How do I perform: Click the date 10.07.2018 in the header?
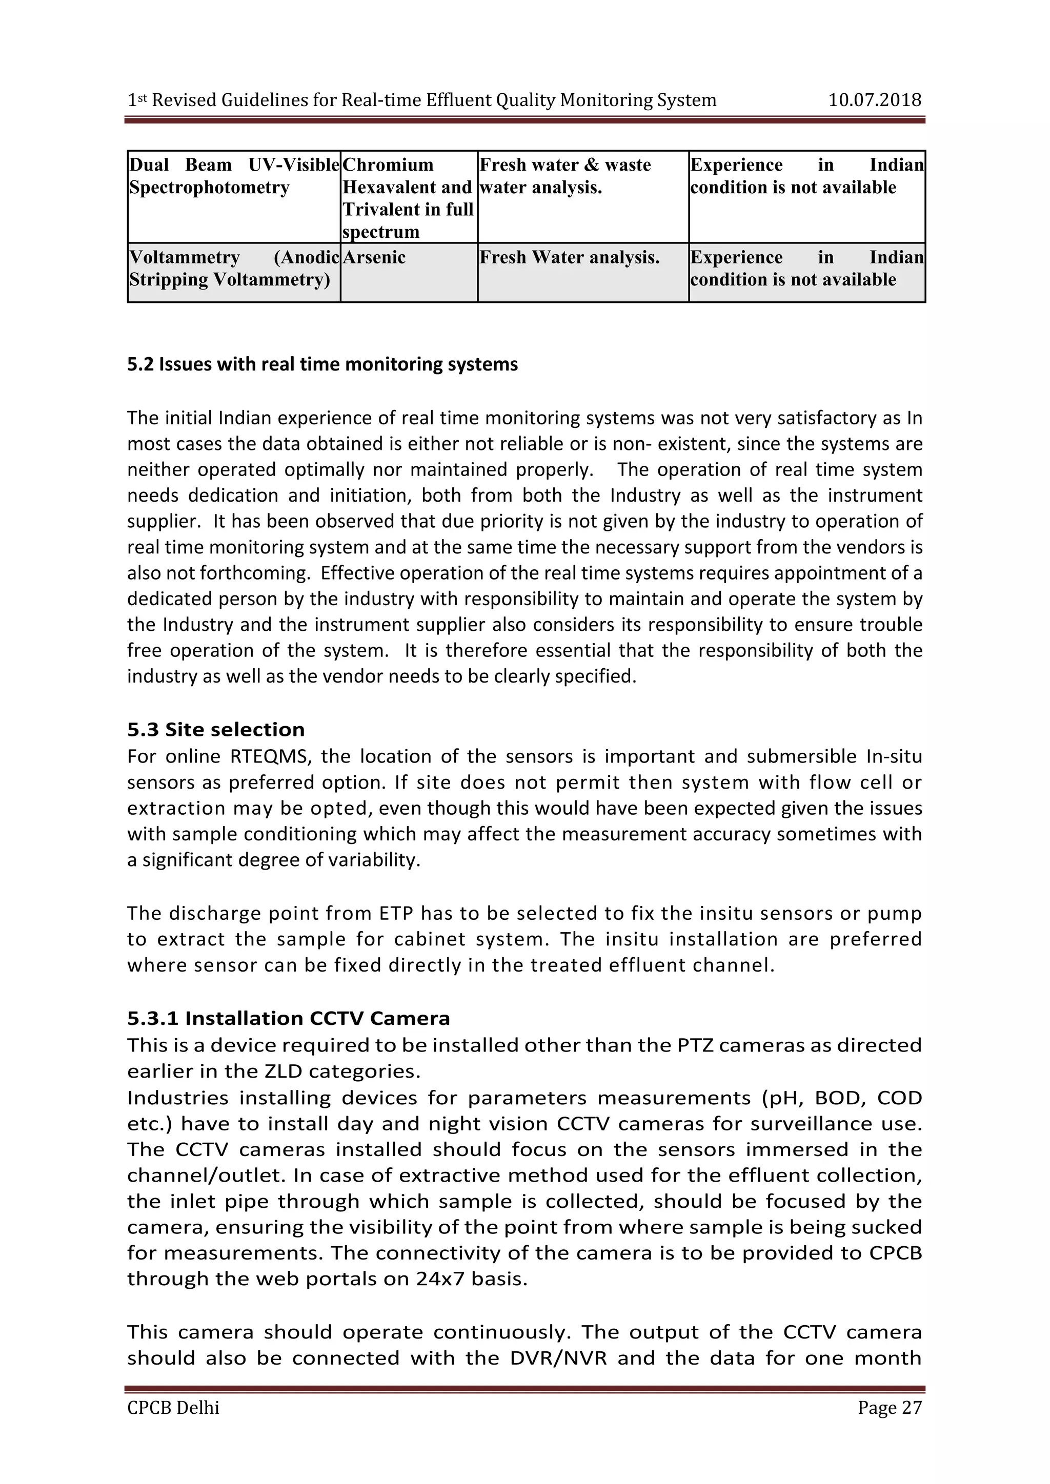[x=874, y=100]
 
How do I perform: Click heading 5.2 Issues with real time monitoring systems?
[x=322, y=364]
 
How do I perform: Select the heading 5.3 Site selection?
[x=215, y=729]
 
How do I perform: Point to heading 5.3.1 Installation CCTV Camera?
[x=288, y=1018]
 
